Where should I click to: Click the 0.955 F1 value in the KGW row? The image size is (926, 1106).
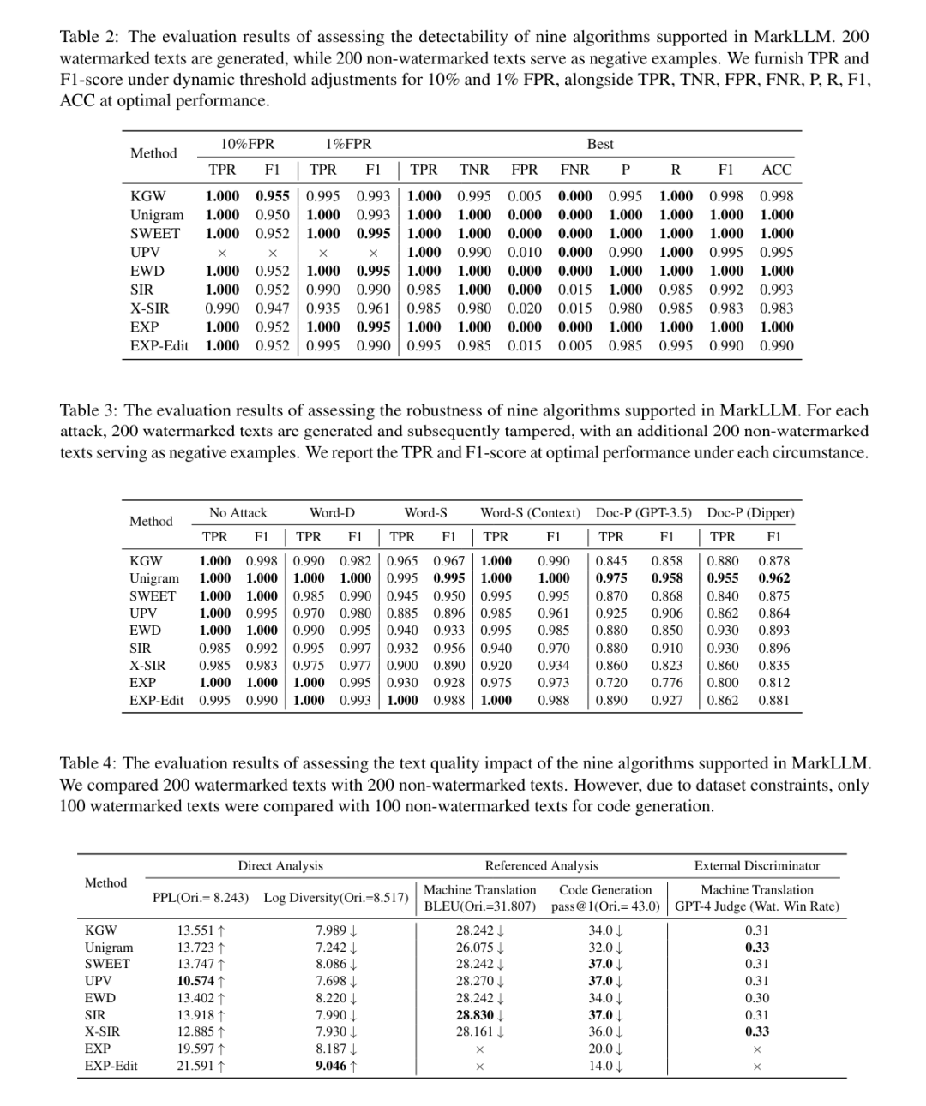coord(273,196)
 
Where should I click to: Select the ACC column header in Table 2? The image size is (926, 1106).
coord(776,170)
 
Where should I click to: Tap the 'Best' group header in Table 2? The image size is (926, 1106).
coord(600,144)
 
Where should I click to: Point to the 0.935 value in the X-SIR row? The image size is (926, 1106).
coord(323,308)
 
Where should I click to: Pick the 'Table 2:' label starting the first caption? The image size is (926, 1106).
coord(90,37)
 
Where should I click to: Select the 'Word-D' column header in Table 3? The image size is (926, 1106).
coord(332,512)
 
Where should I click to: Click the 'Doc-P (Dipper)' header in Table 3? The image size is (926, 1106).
coord(750,512)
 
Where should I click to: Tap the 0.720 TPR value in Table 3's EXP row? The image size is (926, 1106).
coord(611,683)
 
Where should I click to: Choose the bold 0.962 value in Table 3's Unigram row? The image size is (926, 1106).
coord(773,578)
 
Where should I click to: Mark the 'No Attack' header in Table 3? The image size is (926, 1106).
coord(238,512)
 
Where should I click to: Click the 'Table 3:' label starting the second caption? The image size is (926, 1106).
coord(89,410)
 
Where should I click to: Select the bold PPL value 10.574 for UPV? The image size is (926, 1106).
coord(195,981)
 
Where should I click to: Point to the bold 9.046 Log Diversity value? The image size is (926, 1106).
coord(331,1066)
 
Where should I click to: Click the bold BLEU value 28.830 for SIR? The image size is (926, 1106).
coord(473,1015)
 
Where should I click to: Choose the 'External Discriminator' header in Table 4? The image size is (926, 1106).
coord(756,865)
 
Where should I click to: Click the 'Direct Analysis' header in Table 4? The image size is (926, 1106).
coord(280,865)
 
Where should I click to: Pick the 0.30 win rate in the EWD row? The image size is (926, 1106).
coord(756,998)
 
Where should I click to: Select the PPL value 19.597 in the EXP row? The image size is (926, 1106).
coord(195,1049)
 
